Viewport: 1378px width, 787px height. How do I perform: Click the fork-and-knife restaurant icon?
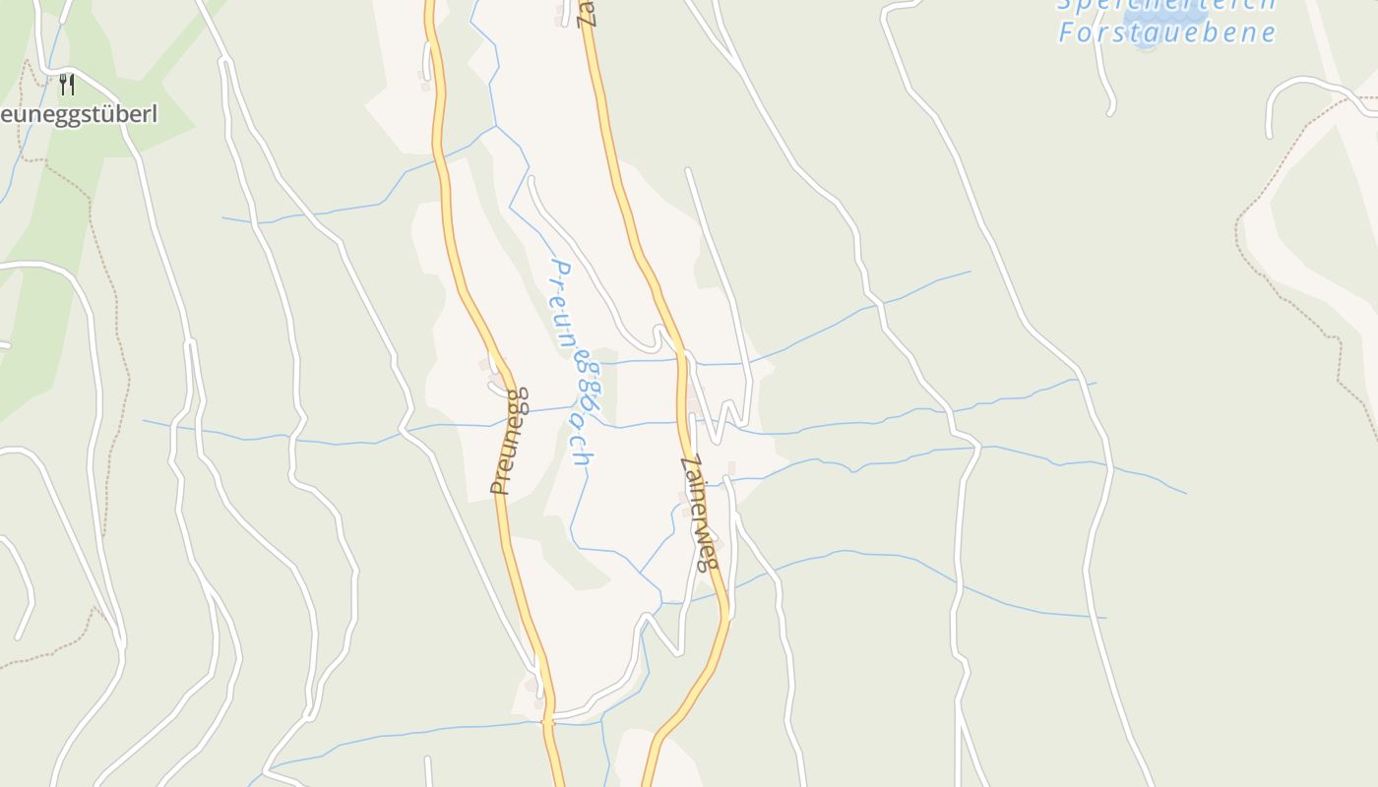coord(66,84)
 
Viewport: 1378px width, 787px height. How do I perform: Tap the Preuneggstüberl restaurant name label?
coord(78,114)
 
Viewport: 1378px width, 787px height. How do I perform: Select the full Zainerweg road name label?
coord(701,513)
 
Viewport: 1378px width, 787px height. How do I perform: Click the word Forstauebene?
coord(1166,32)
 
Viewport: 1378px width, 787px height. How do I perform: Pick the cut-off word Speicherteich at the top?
coord(1166,4)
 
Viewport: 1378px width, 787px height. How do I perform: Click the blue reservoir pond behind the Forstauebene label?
coord(1144,41)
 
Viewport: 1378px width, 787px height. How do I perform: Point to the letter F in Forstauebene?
coord(1065,32)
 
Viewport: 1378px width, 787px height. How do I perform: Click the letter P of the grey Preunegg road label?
coord(500,486)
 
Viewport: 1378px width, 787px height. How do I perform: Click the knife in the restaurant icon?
coord(71,84)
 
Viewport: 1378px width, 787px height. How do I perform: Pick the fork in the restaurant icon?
coord(62,84)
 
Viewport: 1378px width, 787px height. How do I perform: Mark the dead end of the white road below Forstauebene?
coord(1110,112)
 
